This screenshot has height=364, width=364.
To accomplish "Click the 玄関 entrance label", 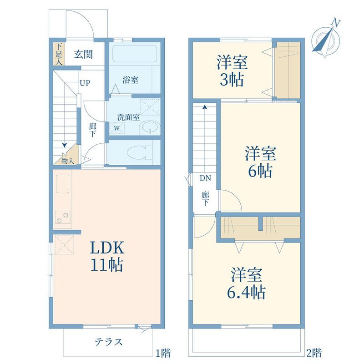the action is pyautogui.click(x=83, y=55).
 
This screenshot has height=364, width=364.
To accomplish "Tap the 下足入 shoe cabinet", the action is pyautogui.click(x=59, y=54).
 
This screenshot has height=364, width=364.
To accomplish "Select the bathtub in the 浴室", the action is pyautogui.click(x=135, y=54).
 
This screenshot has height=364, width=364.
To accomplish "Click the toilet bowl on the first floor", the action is pyautogui.click(x=139, y=152).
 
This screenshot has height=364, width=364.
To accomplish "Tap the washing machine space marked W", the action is pyautogui.click(x=117, y=128).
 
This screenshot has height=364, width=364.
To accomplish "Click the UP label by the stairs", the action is pyautogui.click(x=85, y=83).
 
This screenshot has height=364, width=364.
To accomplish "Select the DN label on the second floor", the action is pyautogui.click(x=206, y=178).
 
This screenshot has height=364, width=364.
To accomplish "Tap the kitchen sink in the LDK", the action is pyautogui.click(x=63, y=184).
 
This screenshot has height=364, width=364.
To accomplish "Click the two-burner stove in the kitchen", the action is pyautogui.click(x=63, y=217).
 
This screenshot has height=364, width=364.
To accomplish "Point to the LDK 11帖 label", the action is pyautogui.click(x=107, y=256).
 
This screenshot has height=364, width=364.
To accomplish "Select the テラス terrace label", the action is pyautogui.click(x=108, y=342).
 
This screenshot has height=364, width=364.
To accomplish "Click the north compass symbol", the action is pyautogui.click(x=326, y=40).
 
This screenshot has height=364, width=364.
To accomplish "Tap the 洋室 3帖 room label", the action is pyautogui.click(x=232, y=71).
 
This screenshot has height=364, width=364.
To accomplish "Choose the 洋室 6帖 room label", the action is pyautogui.click(x=260, y=162).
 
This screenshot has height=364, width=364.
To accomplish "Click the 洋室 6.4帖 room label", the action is pyautogui.click(x=247, y=283).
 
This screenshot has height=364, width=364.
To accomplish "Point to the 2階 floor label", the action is pyautogui.click(x=314, y=353).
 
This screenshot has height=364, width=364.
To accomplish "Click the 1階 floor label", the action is pyautogui.click(x=163, y=353).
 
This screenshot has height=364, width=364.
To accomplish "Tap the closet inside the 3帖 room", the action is pyautogui.click(x=288, y=70).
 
